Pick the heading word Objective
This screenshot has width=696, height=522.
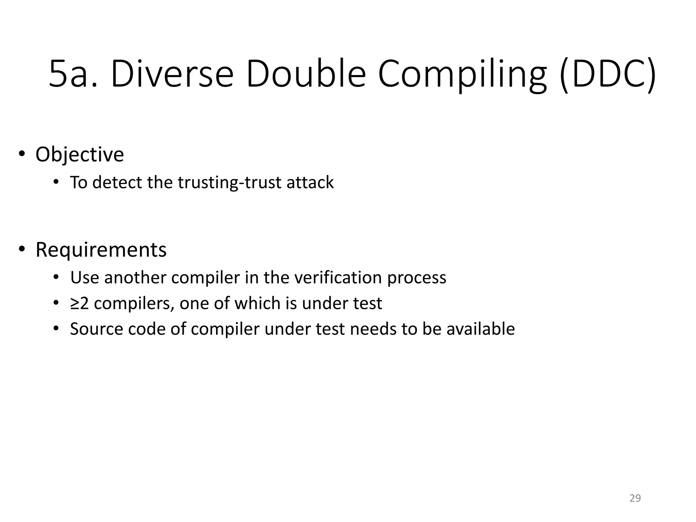80,155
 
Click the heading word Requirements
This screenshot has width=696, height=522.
101,250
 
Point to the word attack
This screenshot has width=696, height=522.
310,182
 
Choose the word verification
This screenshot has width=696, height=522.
338,278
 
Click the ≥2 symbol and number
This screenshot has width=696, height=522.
80,303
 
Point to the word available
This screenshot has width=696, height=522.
481,329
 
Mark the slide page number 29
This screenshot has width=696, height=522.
635,498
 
